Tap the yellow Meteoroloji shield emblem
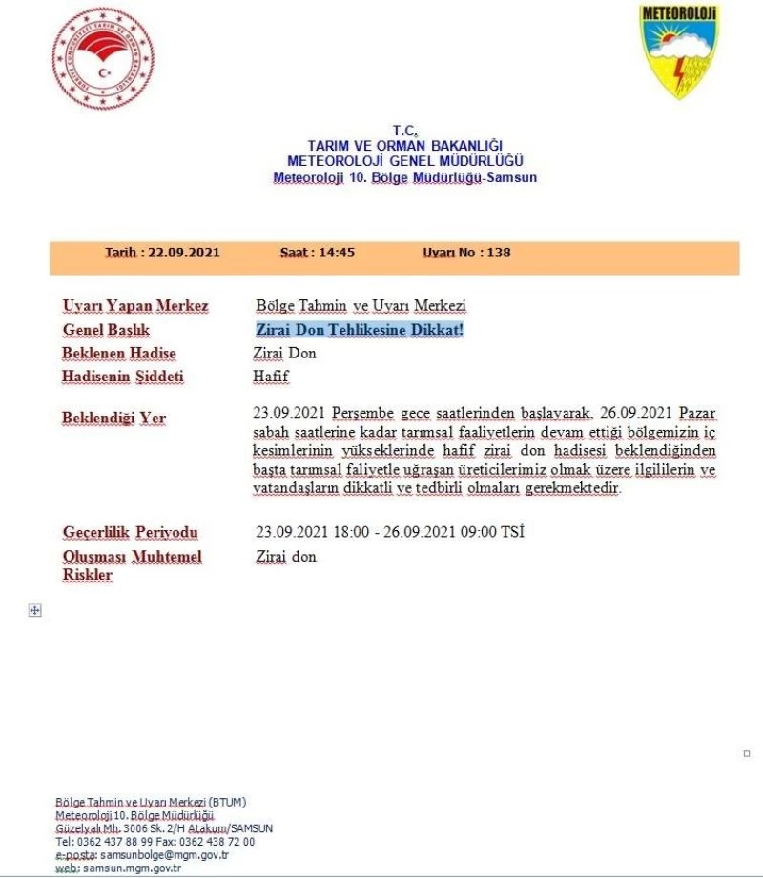pyautogui.click(x=678, y=51)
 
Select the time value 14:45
pyautogui.click(x=337, y=253)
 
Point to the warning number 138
pyautogui.click(x=498, y=253)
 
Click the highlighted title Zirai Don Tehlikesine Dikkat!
pyautogui.click(x=360, y=330)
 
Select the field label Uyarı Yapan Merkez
pyautogui.click(x=135, y=306)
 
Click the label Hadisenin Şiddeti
pyautogui.click(x=123, y=377)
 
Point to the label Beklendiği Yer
pyautogui.click(x=113, y=419)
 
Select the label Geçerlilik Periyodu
pyautogui.click(x=130, y=532)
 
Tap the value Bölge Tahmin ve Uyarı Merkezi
pyautogui.click(x=361, y=306)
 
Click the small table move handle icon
pyautogui.click(x=35, y=610)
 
